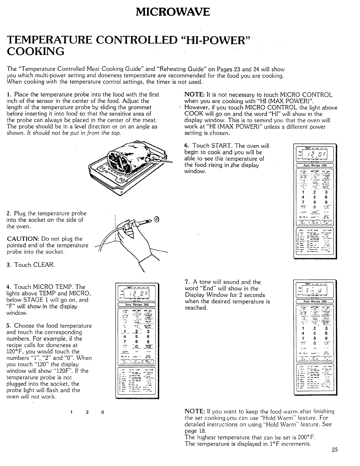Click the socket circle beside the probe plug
[156, 219]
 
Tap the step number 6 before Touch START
[186, 146]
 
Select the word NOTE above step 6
[192, 95]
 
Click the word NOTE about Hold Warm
[192, 411]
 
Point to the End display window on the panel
[314, 292]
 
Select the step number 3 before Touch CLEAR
[9, 265]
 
